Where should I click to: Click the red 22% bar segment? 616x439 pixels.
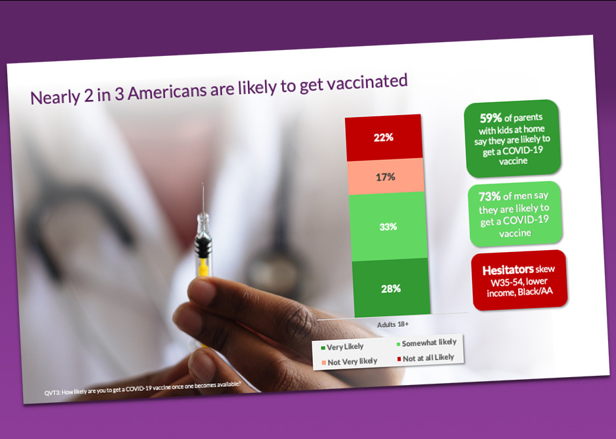[x=384, y=138]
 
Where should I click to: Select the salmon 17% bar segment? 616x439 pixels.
[x=386, y=176]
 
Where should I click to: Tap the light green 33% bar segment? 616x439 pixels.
[x=388, y=226]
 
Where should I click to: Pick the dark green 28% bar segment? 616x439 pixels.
[x=391, y=288]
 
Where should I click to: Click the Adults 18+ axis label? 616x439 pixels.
[x=393, y=324]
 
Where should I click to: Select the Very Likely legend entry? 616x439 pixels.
[x=342, y=347]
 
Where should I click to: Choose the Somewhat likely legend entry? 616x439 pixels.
[x=427, y=343]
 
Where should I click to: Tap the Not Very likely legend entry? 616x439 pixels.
[x=350, y=361]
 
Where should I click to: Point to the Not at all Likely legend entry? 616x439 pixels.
[x=426, y=358]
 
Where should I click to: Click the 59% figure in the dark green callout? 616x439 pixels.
[x=491, y=118]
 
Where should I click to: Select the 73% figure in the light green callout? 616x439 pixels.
[x=490, y=196]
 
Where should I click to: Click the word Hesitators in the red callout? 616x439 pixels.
[x=508, y=270]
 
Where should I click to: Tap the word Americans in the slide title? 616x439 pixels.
[x=167, y=92]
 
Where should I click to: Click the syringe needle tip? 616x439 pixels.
[x=203, y=183]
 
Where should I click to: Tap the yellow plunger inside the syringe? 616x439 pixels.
[x=204, y=267]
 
